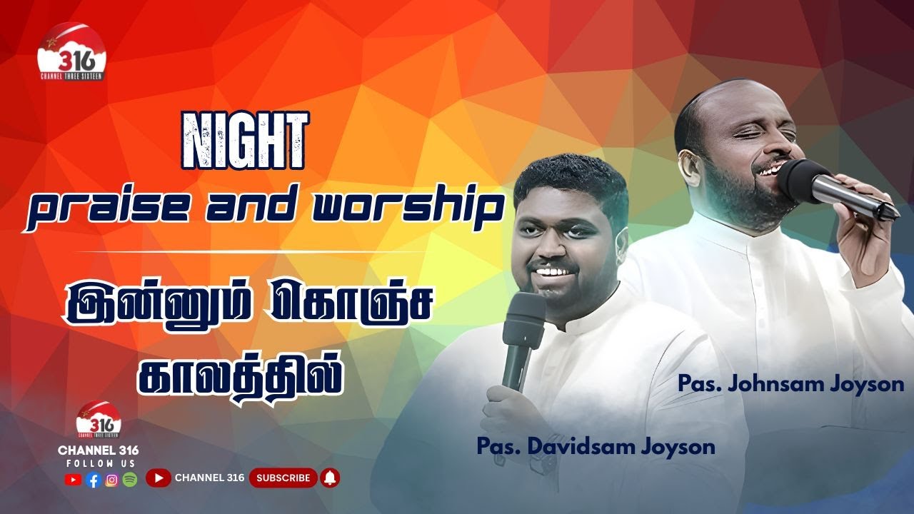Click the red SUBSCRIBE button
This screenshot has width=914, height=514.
coord(283,478)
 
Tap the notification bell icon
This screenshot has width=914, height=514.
coord(331,478)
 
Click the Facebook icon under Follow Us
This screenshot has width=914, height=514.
coord(93,480)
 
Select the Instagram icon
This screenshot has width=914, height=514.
coord(111,480)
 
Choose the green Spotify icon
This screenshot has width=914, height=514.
coord(129,480)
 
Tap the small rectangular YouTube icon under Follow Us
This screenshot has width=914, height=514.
coord(73,480)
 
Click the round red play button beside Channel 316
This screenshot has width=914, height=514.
coord(158,478)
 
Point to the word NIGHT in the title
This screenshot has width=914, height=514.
coord(245,141)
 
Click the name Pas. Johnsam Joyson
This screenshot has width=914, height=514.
coord(791,384)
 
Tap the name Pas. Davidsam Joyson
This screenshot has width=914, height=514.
coord(596,447)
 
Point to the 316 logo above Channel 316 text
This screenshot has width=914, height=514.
coord(99,420)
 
